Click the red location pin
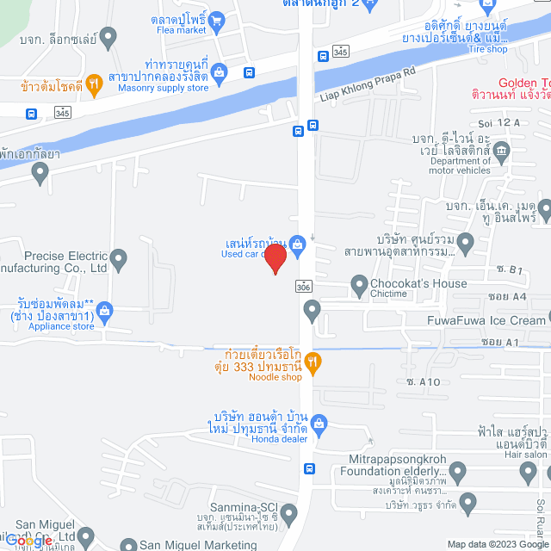(275, 258)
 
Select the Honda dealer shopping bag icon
(319, 423)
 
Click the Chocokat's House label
(419, 283)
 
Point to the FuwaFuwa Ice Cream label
(486, 320)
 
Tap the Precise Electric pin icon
(119, 257)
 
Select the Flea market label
(182, 29)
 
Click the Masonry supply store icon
(220, 72)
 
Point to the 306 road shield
(303, 286)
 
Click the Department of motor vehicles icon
(503, 152)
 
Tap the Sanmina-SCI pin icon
(288, 514)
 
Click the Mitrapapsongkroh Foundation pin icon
(456, 472)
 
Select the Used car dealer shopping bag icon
(296, 245)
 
